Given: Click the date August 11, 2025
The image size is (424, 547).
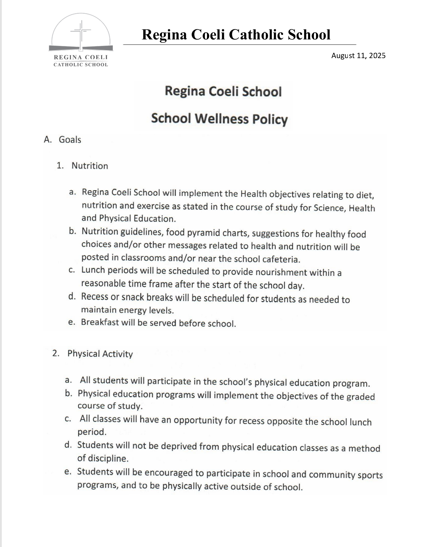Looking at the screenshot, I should point(358,56).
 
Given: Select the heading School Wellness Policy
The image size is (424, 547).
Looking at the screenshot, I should point(219,119).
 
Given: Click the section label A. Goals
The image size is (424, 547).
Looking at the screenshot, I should point(63,140).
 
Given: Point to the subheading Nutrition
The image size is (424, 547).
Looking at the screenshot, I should point(90,166).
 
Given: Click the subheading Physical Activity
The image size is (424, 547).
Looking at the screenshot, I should point(100,354).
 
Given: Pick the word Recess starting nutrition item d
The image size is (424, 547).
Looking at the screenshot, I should point(95,297).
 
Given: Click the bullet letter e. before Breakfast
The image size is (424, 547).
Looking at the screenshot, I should point(71,322).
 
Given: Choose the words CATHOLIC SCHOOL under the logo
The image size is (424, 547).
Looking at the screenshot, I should point(81,65).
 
